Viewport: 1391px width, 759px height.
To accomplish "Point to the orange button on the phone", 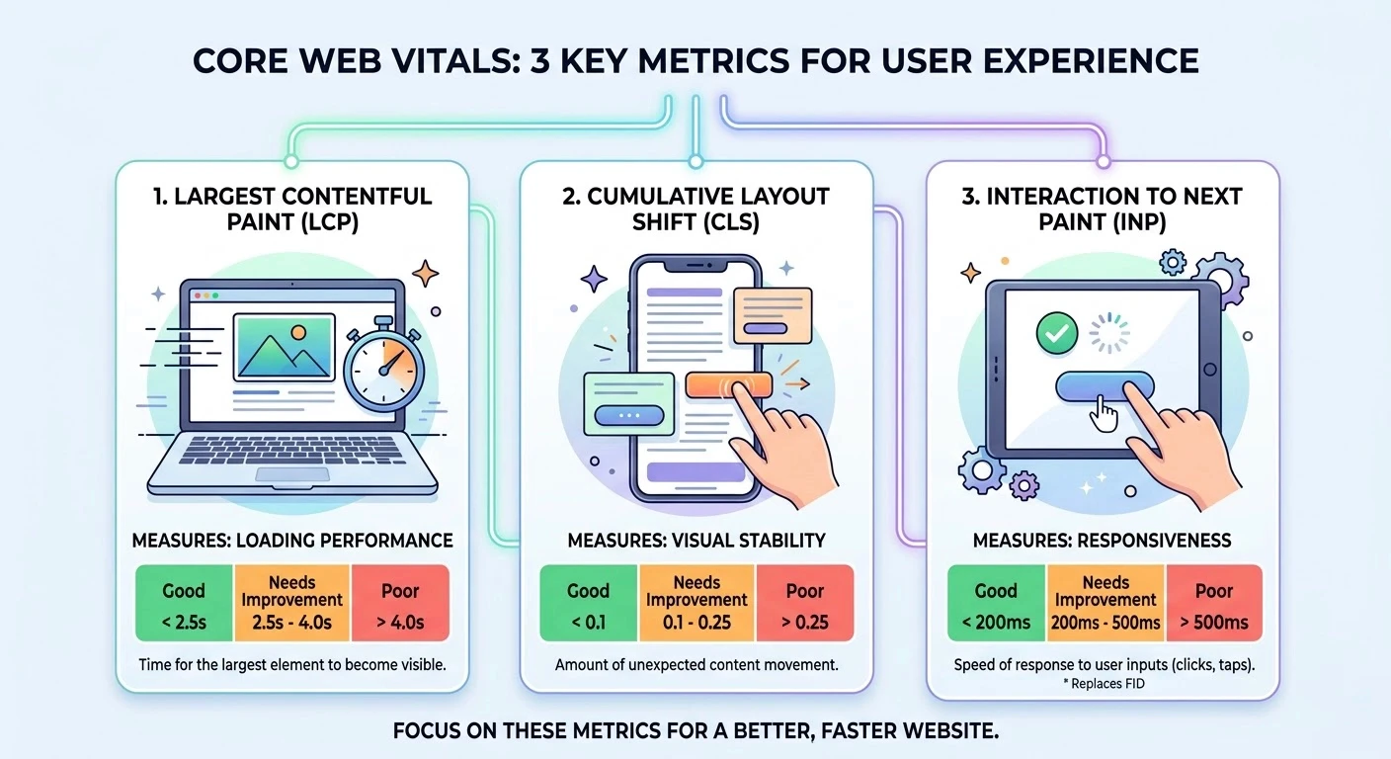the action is click(x=727, y=385).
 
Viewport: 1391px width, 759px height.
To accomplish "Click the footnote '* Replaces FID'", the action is click(x=1105, y=683).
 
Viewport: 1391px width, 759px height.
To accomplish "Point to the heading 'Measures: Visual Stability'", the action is click(x=696, y=540).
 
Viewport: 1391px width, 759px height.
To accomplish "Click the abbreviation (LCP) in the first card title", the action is click(x=325, y=224).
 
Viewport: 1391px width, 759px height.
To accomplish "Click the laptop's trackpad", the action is click(x=292, y=474).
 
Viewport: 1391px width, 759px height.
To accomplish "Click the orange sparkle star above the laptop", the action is click(x=426, y=272).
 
